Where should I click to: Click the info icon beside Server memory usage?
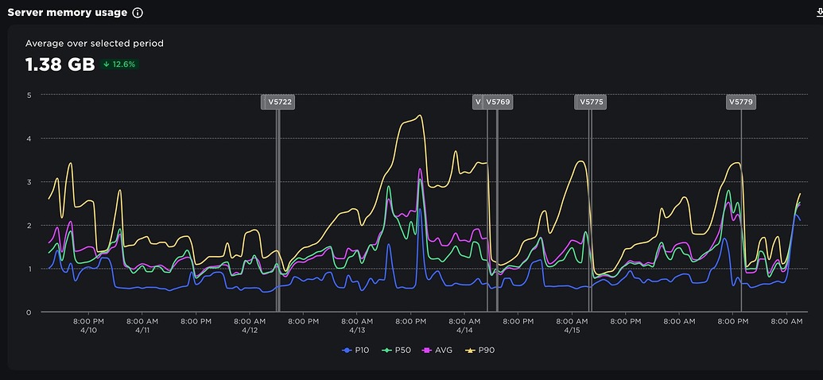[x=138, y=13]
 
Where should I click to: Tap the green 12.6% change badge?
[x=120, y=64]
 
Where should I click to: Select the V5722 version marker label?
[x=280, y=102]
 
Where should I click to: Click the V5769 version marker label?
[x=498, y=102]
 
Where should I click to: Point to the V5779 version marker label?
[x=740, y=102]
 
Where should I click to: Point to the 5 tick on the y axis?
[x=29, y=95]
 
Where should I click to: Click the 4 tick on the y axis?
[x=29, y=138]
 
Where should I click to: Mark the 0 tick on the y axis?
[x=29, y=312]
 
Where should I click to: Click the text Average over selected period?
[x=95, y=44]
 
